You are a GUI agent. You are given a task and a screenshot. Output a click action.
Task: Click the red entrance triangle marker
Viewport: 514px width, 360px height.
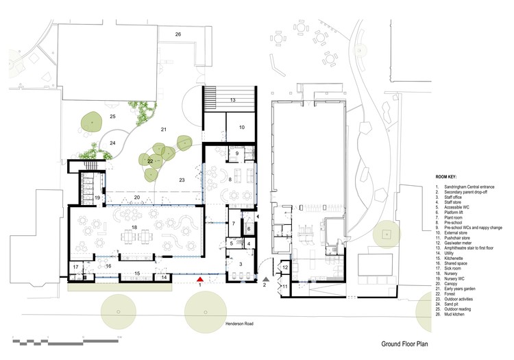point(199,280)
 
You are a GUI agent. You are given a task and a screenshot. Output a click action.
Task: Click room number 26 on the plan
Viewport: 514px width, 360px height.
point(178,34)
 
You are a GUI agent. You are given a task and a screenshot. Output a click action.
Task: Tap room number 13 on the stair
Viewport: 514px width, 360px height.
point(233,101)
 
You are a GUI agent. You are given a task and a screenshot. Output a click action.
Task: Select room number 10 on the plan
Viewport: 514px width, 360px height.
point(241,128)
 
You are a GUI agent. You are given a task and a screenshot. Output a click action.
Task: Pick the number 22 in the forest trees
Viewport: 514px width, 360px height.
point(149,161)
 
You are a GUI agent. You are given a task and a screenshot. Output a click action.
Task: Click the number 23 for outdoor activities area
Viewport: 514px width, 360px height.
point(182,180)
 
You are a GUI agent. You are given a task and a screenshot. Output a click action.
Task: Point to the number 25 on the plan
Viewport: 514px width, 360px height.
point(113,117)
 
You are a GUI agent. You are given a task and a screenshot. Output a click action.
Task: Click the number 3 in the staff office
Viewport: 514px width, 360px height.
point(240,263)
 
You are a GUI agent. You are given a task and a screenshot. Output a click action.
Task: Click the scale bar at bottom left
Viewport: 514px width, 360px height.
point(65,339)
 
